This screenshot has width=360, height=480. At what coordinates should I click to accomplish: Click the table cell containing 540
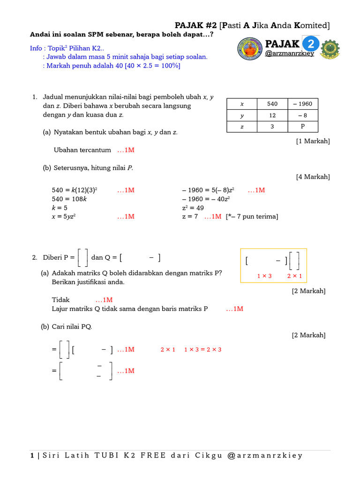coord(272,104)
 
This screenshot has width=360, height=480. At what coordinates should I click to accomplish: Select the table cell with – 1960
coord(302,104)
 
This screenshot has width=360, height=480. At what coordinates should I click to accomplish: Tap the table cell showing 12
coord(272,115)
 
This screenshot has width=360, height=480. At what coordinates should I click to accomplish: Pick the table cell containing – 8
coord(302,115)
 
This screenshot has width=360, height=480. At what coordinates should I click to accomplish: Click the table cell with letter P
coord(302,127)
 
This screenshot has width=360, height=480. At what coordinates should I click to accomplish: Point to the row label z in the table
coord(242,127)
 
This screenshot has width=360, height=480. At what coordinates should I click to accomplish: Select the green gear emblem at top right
coord(330,49)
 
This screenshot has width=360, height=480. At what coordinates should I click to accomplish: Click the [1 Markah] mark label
coord(313,141)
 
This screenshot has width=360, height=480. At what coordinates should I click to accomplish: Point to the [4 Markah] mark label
coord(313,177)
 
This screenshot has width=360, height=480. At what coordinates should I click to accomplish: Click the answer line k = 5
coord(60,208)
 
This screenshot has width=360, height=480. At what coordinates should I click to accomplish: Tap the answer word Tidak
coord(60,300)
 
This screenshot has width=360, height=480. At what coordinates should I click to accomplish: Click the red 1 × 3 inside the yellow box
coord(264,276)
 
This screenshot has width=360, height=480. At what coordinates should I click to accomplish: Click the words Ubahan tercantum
coord(82,150)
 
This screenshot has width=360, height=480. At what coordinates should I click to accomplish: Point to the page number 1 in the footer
coord(32,455)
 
